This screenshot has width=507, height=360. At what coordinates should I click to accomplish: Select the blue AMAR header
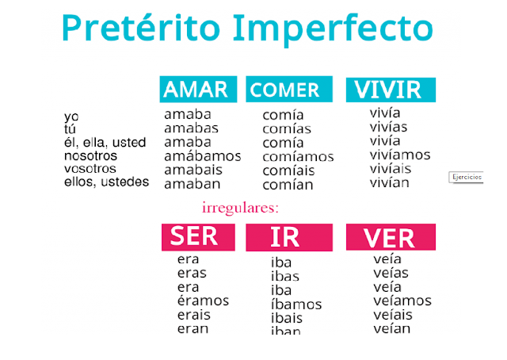(x=197, y=90)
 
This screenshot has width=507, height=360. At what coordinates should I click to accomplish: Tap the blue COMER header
(x=285, y=90)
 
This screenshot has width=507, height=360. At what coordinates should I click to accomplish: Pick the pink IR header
(x=288, y=238)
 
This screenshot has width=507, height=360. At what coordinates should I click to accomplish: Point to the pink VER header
(x=391, y=237)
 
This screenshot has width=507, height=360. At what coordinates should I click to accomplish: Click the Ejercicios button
(x=467, y=177)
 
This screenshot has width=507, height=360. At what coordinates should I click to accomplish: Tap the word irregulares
(x=241, y=209)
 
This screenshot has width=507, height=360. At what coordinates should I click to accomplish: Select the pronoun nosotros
(x=90, y=155)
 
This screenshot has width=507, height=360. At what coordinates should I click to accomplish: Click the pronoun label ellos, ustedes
(x=106, y=182)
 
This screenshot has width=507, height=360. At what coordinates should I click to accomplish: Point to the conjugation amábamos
(x=202, y=156)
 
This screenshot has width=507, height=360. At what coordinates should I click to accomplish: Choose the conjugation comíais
(x=288, y=170)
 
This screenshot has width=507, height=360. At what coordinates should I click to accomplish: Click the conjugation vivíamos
(x=400, y=155)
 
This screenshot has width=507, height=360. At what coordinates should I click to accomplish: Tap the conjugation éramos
(x=203, y=301)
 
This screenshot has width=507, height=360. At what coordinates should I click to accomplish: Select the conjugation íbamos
(x=295, y=304)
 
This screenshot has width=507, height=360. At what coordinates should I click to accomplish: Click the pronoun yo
(x=71, y=117)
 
